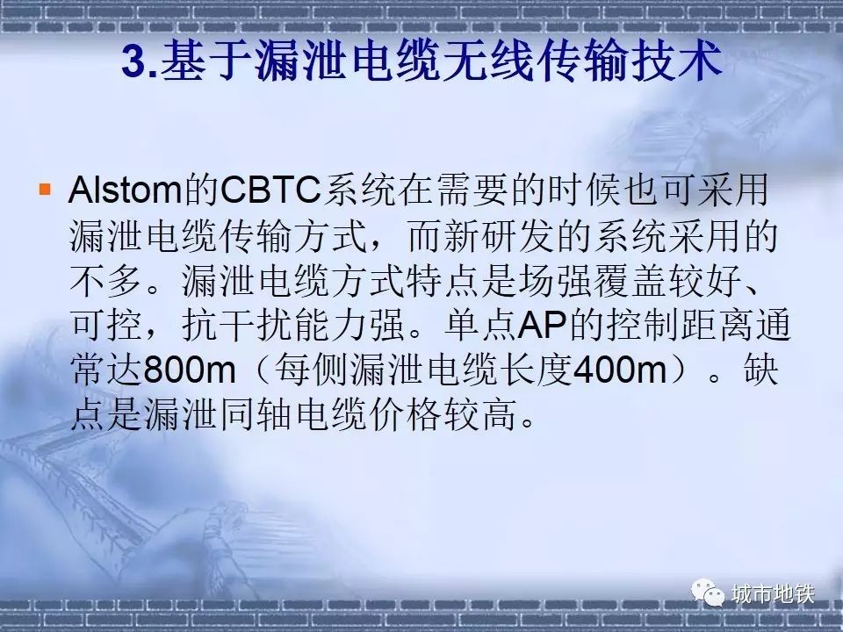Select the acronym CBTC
270,190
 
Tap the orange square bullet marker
45,189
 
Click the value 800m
190,370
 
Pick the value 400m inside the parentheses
620,370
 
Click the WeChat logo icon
708,592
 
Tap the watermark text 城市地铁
773,594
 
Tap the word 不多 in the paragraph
106,280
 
